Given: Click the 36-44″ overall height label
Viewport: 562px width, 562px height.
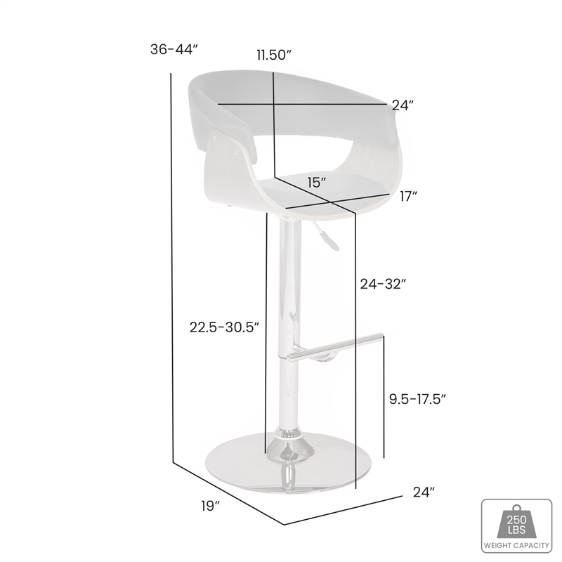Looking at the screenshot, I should [x=175, y=50].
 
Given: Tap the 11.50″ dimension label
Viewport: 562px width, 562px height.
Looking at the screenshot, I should [x=273, y=56].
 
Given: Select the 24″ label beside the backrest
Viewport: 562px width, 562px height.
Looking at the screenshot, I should [x=403, y=105].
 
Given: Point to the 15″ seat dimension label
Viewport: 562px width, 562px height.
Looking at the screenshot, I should [x=317, y=183].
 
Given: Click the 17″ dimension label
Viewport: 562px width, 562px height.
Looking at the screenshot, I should [x=409, y=196].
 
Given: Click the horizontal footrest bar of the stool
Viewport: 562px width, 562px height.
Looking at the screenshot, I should [x=337, y=348].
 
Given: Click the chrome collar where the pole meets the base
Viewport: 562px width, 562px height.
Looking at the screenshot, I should [x=287, y=436].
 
